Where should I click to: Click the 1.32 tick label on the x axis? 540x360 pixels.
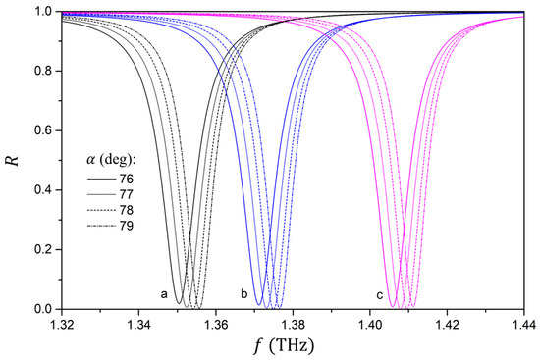tap(62, 325)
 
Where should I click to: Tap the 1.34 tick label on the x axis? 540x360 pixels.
tap(138, 325)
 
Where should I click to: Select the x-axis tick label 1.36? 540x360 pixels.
tap(216, 325)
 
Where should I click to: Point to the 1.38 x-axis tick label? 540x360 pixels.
tap(294, 325)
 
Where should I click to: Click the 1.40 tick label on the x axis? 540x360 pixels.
tap(370, 325)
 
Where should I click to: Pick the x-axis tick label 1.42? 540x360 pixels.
tap(448, 325)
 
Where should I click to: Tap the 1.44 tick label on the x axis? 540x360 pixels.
tap(524, 325)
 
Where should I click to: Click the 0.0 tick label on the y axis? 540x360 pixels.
tap(44, 309)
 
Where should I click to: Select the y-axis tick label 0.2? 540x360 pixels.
tap(44, 249)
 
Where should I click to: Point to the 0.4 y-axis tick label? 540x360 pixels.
tap(44, 190)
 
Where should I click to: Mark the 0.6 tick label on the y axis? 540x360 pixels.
tap(44, 130)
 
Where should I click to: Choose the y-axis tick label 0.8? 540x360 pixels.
tap(44, 71)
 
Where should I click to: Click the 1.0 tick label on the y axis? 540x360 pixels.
tap(44, 12)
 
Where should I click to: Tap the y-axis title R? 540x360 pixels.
tap(13, 161)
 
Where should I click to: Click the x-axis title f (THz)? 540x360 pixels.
tap(284, 346)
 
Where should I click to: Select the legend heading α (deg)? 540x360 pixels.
tap(111, 161)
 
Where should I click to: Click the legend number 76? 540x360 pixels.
tap(127, 179)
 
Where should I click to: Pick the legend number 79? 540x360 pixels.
tap(127, 226)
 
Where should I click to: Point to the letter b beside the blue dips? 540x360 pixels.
tap(244, 294)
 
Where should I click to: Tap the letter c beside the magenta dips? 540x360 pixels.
tap(380, 295)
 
